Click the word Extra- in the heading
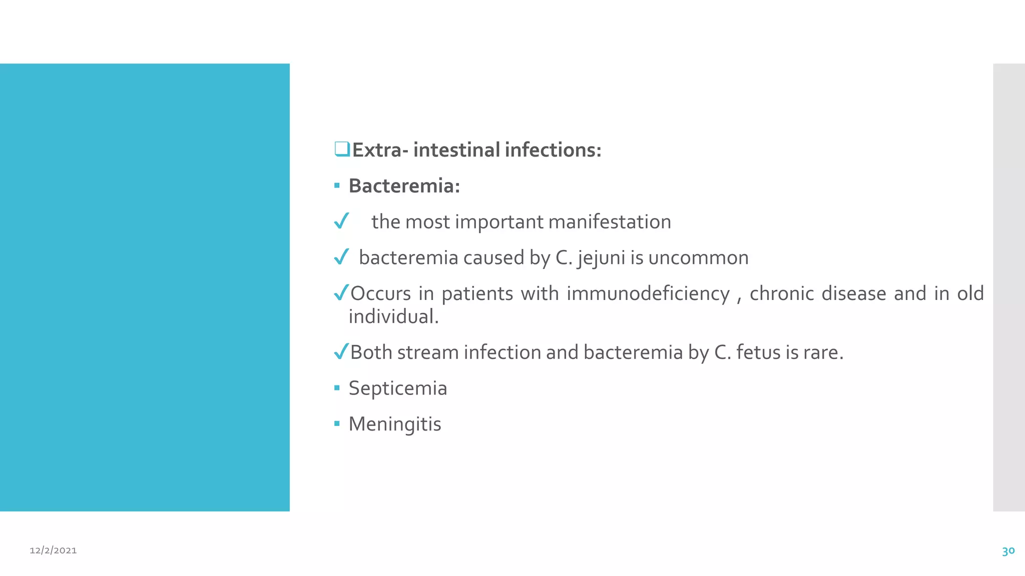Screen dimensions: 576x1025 (380, 150)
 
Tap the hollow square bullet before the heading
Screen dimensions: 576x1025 (342, 149)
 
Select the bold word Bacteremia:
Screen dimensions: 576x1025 (404, 186)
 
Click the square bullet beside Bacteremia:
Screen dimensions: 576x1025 (337, 186)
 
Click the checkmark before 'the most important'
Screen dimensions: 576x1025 (341, 220)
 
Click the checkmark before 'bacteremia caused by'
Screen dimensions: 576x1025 (341, 256)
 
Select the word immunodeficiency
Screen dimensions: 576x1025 (648, 293)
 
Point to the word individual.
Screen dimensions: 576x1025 (393, 316)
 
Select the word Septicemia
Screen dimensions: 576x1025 (397, 388)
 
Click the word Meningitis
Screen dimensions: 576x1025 (394, 424)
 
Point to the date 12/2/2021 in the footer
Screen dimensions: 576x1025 (53, 550)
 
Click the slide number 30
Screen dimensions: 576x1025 (1008, 551)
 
